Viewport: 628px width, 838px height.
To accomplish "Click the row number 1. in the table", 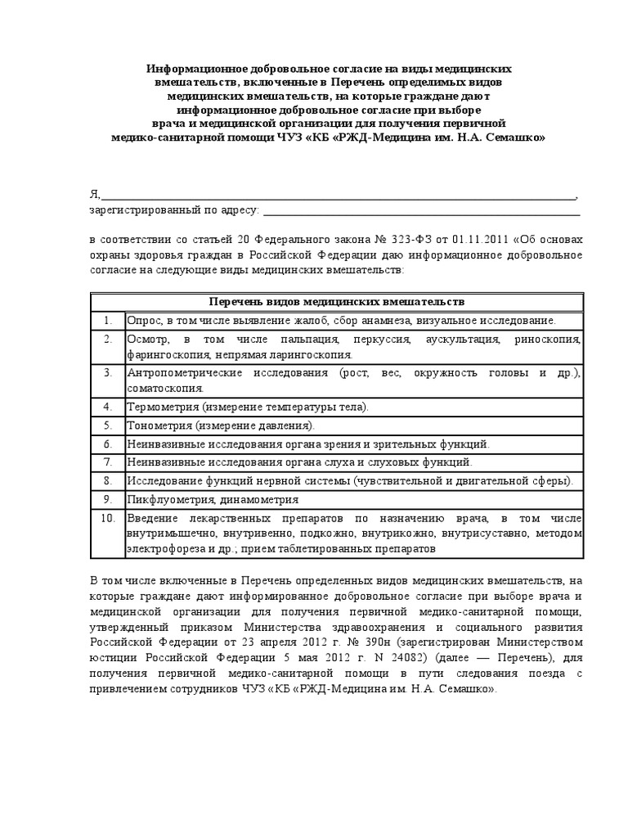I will coord(107,320).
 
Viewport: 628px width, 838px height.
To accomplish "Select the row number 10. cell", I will coord(107,519).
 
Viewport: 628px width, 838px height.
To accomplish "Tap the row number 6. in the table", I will coord(107,444).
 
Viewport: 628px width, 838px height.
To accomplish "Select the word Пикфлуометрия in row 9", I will coord(166,499).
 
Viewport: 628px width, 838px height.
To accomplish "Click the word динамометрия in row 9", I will coord(254,499).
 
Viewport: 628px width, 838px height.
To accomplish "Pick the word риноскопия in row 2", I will coord(550,339).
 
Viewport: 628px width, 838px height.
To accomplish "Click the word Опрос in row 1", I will coord(143,320).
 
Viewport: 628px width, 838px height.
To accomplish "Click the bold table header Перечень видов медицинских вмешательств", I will coord(336,301).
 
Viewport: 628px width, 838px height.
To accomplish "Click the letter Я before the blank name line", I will coord(93,195).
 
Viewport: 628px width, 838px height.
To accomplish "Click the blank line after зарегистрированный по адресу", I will coord(422,210).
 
